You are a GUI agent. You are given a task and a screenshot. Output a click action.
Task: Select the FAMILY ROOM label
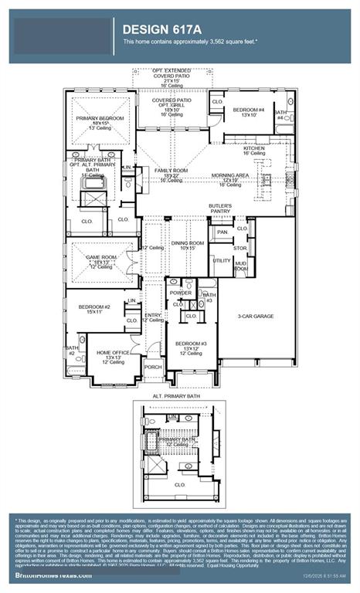172,169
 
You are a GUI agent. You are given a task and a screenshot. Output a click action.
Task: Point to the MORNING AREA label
230,175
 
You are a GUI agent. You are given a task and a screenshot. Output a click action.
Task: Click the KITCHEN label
255,147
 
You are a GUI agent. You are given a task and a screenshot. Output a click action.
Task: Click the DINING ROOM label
187,243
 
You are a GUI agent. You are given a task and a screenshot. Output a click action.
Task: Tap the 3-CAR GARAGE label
256,317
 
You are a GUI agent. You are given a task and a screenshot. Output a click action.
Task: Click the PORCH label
153,368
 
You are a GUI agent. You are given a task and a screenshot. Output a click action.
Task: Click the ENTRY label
153,315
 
